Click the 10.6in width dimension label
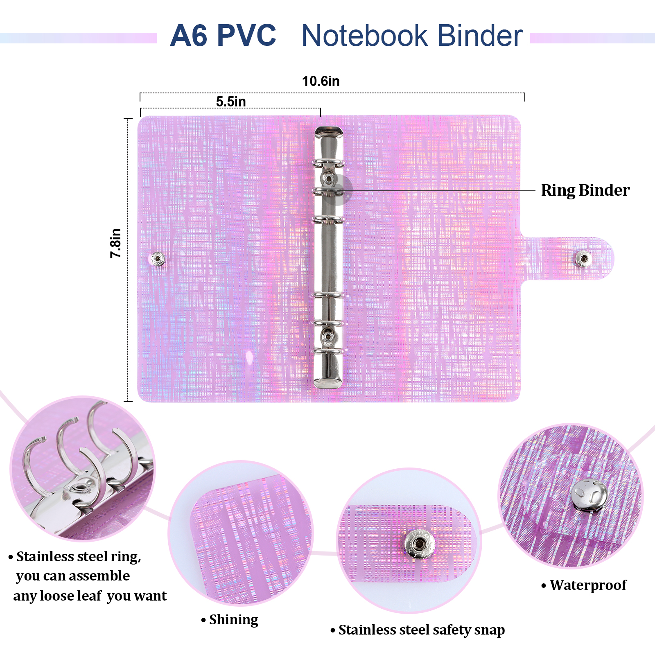pos(321,81)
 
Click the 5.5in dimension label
pos(231,102)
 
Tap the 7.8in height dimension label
pos(116,243)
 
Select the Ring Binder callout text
pos(585,190)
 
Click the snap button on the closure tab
pos(583,258)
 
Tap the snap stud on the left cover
pos(158,259)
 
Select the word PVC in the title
pos(246,36)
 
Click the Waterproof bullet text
pos(588,585)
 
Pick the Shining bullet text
pos(233,619)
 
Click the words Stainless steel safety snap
pos(421,630)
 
